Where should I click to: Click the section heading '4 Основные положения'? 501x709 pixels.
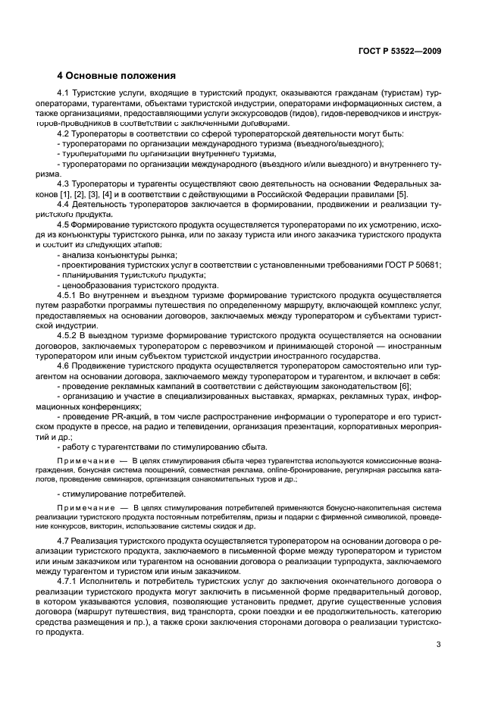117,76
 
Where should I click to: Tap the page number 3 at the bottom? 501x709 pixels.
438,645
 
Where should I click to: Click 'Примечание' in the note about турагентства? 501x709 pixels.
83,460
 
